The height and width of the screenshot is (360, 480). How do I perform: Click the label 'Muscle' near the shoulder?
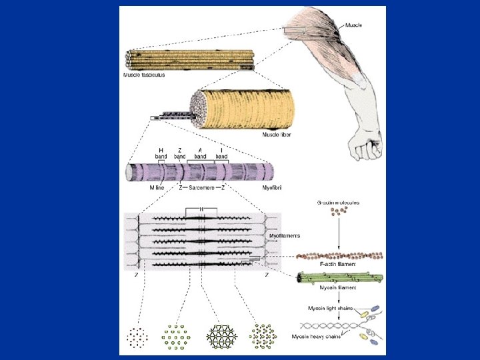tap(354, 25)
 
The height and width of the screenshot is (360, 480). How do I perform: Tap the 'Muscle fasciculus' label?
tap(143, 75)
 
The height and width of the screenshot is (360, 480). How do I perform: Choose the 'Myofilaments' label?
tap(285, 236)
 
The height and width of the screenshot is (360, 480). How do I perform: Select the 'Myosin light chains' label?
tap(331, 308)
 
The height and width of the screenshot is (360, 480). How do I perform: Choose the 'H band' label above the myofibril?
tap(160, 153)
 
